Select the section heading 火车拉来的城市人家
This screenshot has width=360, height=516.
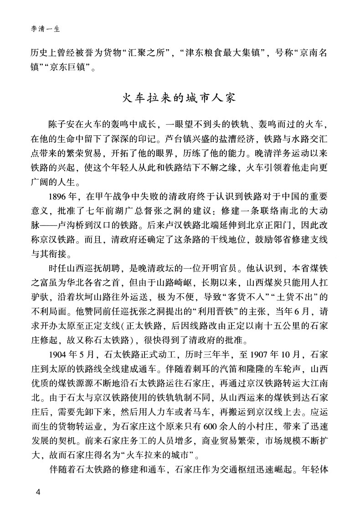click(180, 98)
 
